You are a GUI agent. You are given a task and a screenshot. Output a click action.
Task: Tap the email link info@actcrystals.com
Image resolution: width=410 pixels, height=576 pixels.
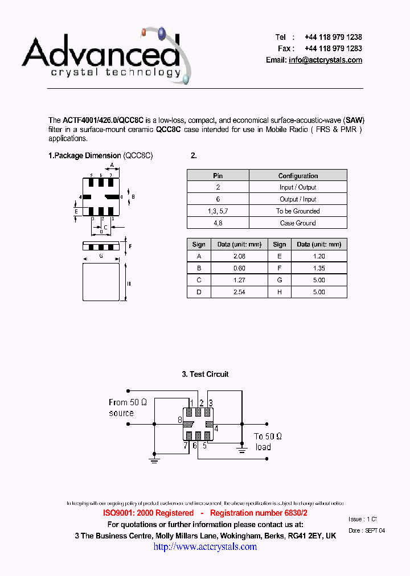point(325,60)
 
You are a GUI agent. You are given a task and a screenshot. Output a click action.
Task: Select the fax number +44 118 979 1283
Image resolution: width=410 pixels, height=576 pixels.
point(333,48)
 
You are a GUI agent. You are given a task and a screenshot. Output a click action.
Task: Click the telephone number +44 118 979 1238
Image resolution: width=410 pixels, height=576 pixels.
point(333,37)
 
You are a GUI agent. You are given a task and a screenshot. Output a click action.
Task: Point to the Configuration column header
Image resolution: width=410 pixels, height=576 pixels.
point(298,176)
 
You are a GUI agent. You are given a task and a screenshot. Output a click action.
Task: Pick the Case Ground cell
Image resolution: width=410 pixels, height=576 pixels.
point(298,223)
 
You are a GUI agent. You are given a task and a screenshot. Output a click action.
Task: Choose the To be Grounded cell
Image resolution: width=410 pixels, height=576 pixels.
point(298,211)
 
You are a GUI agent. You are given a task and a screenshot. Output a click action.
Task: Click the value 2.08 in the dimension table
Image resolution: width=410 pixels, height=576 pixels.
point(239,256)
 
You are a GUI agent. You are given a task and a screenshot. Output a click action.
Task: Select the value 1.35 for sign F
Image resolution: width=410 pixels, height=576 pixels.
point(319,268)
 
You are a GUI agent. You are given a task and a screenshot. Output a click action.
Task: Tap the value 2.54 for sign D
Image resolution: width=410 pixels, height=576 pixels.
point(239,292)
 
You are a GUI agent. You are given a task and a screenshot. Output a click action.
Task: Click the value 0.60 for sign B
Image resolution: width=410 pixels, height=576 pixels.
point(239,268)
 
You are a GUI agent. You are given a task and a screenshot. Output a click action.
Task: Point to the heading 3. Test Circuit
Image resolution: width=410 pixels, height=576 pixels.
point(205,374)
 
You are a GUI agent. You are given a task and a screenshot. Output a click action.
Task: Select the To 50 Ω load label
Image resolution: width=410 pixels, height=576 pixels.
point(268,442)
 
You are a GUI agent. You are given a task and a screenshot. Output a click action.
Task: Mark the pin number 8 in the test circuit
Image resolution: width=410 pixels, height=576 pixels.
point(180,420)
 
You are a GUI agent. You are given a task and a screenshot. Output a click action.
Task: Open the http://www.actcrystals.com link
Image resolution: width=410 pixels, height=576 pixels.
point(205,547)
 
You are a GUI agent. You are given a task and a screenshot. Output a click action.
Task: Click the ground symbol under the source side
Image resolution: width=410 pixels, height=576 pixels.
point(154,459)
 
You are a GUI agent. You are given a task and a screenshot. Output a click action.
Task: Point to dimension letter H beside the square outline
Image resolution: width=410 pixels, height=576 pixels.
point(129,283)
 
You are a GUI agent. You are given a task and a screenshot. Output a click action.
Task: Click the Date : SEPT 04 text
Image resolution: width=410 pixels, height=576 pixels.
point(366,530)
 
